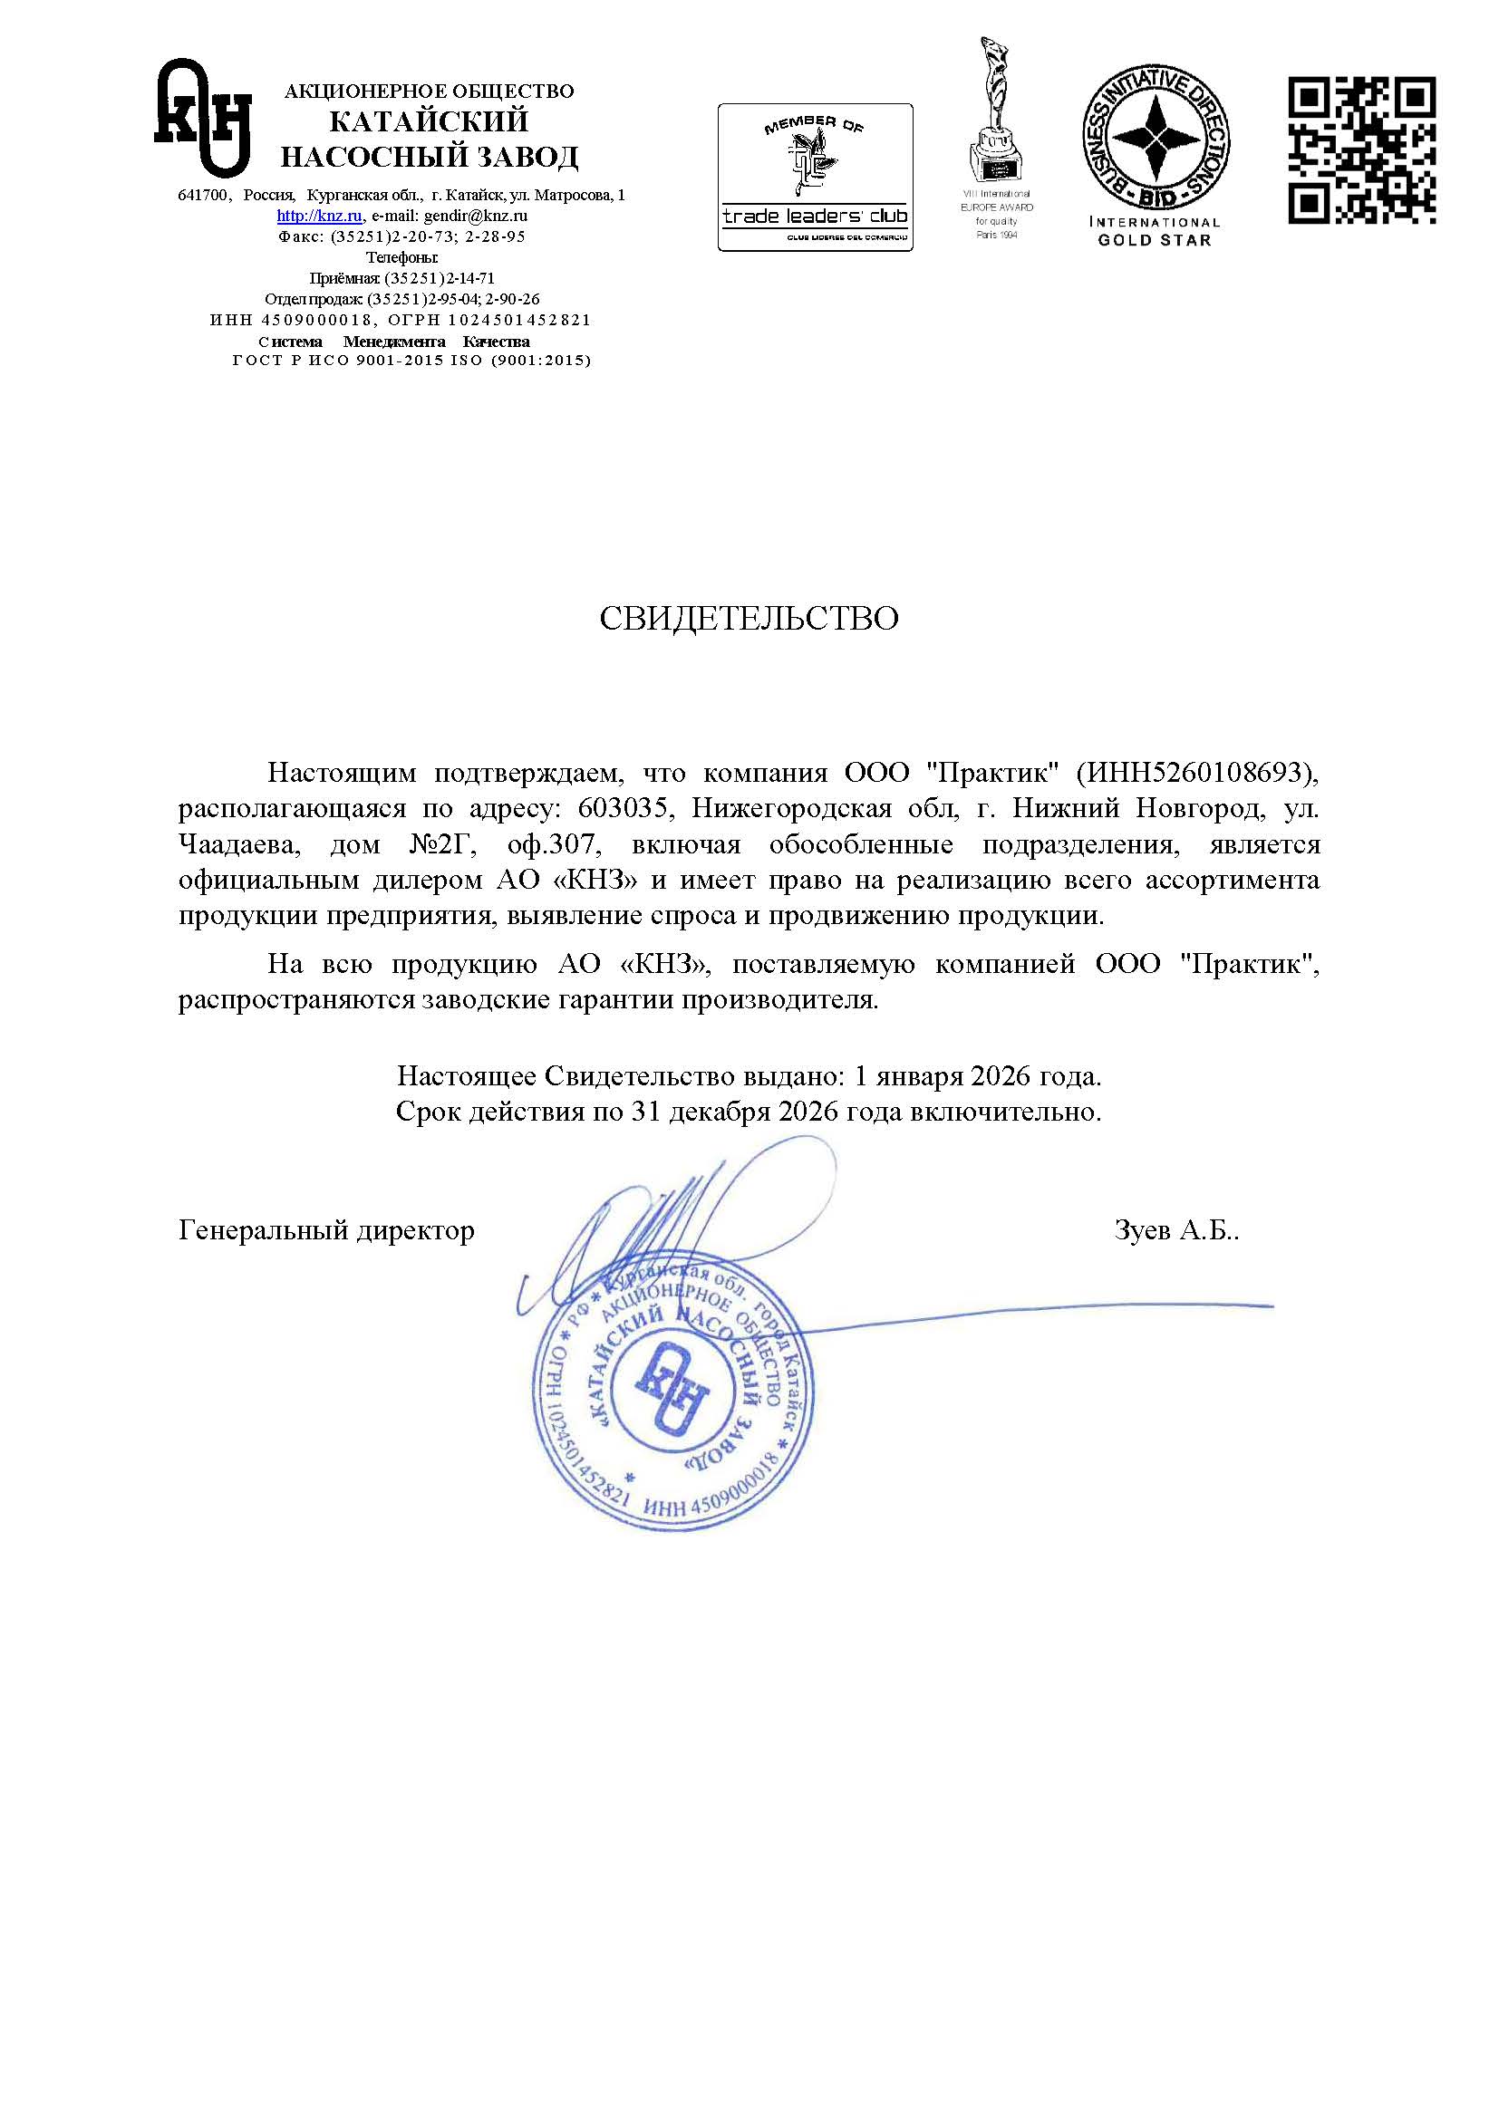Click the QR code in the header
pyautogui.click(x=1361, y=150)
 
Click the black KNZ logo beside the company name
pyautogui.click(x=203, y=117)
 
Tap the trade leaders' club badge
pyautogui.click(x=815, y=178)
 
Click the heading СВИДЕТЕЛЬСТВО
pyautogui.click(x=749, y=620)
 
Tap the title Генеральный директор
pyautogui.click(x=326, y=1230)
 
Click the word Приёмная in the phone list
pyautogui.click(x=339, y=279)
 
